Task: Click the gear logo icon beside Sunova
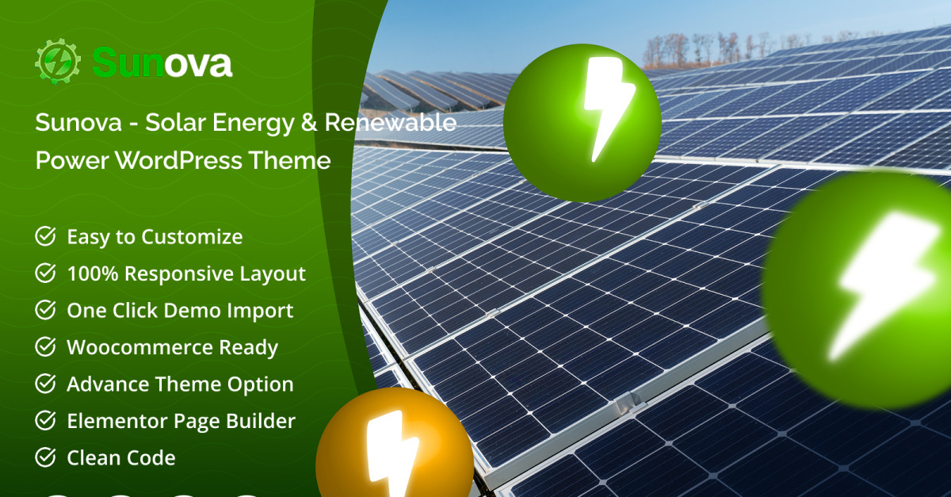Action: (58, 62)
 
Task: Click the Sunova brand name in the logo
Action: (162, 63)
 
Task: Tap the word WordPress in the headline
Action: (178, 161)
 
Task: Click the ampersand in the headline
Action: (308, 122)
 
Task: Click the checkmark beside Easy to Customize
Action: (45, 236)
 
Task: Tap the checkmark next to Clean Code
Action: (45, 457)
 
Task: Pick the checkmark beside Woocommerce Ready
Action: (45, 346)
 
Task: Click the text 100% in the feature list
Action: (93, 273)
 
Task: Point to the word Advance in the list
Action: (108, 384)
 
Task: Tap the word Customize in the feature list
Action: (192, 236)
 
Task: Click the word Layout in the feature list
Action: (273, 274)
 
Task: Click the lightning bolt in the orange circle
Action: (391, 453)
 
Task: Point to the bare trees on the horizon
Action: (722, 49)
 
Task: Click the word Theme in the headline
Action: (289, 161)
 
